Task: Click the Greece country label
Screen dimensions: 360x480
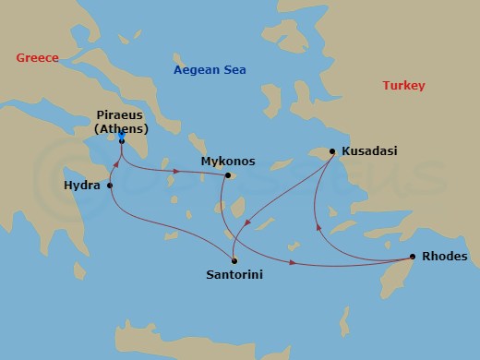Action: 37,58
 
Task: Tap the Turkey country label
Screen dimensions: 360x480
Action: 403,86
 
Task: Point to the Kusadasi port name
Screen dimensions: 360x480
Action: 369,150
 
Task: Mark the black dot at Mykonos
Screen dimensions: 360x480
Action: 228,175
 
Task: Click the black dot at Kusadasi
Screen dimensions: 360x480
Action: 331,150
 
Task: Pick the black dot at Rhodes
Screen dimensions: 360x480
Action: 412,257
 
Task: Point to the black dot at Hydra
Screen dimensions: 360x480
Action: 111,186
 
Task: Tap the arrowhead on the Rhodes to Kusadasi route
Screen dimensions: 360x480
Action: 318,224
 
